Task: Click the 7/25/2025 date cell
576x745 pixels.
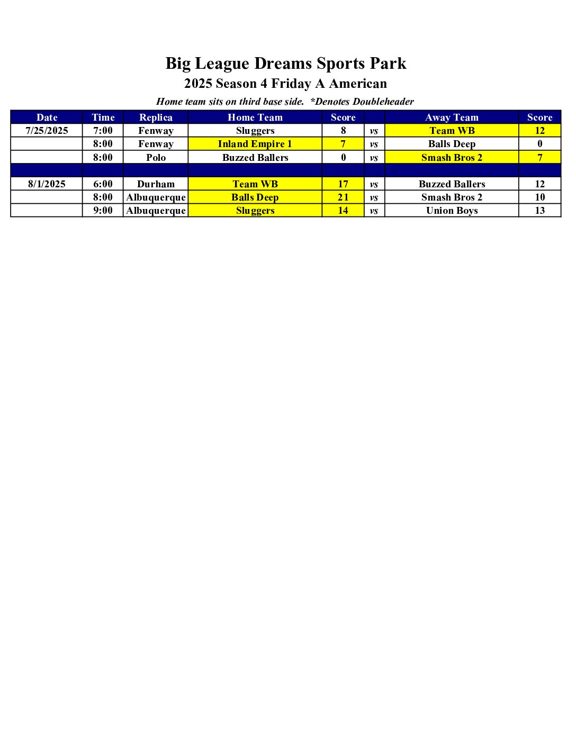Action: pos(47,131)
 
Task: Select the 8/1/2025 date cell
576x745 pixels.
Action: pos(47,184)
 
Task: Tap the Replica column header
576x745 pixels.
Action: pos(156,117)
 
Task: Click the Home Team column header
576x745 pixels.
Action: pos(255,117)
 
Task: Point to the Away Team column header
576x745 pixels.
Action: pos(452,117)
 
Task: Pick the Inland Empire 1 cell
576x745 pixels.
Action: pos(255,144)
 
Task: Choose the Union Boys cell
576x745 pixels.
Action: pos(452,211)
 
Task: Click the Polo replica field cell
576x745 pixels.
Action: pos(156,158)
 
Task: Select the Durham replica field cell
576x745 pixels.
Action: pos(156,184)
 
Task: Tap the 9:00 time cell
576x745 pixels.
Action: pos(103,211)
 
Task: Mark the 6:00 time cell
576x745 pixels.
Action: pos(103,184)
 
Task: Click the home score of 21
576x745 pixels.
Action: pos(343,197)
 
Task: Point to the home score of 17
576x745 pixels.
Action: pos(343,184)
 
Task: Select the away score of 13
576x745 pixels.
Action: pos(539,211)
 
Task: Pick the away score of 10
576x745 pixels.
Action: pos(539,197)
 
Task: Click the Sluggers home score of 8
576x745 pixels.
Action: pos(343,131)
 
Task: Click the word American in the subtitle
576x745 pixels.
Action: pos(358,84)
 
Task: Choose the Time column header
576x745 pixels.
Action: pos(103,117)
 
